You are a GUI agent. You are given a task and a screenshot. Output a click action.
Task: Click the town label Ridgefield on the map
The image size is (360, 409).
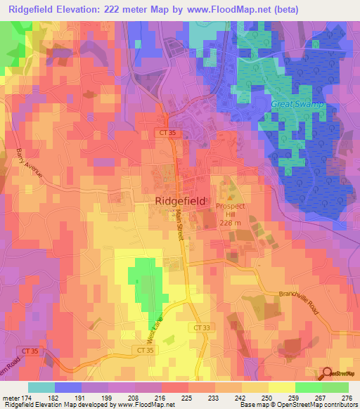(x=180, y=200)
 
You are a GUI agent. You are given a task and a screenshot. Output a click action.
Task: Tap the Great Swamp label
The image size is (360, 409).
(x=297, y=104)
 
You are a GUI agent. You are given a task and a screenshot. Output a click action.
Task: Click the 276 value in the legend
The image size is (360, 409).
(x=346, y=397)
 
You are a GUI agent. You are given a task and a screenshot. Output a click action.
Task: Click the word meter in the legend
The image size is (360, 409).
(x=11, y=397)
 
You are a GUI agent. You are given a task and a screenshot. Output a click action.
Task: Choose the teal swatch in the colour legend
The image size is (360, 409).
(x=41, y=387)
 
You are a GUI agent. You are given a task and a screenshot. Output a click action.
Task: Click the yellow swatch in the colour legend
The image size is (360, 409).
(x=282, y=387)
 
